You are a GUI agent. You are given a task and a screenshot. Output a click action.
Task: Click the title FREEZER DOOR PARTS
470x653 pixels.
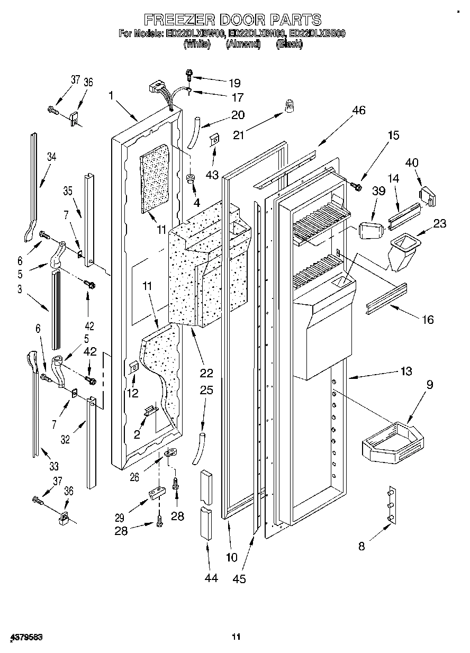[233, 20]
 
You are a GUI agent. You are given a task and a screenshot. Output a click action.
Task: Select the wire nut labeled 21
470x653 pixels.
[289, 108]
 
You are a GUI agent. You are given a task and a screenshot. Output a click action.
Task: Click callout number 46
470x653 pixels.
[359, 111]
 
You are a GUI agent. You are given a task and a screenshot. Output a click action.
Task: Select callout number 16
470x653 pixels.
[428, 319]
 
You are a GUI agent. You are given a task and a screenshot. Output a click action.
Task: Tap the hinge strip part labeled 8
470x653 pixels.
[392, 506]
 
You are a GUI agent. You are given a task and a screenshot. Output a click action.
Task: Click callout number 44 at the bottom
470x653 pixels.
[211, 578]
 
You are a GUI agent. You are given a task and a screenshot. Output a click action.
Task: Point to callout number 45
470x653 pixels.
[239, 579]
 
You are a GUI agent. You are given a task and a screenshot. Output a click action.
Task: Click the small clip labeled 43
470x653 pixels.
[215, 140]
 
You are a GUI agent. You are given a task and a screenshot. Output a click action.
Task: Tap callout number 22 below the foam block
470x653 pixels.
[206, 373]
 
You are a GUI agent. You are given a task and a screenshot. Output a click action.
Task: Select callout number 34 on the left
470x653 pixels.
[51, 157]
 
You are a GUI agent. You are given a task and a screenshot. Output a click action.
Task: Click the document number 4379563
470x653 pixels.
[25, 637]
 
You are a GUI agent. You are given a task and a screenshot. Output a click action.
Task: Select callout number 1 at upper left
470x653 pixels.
[111, 95]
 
